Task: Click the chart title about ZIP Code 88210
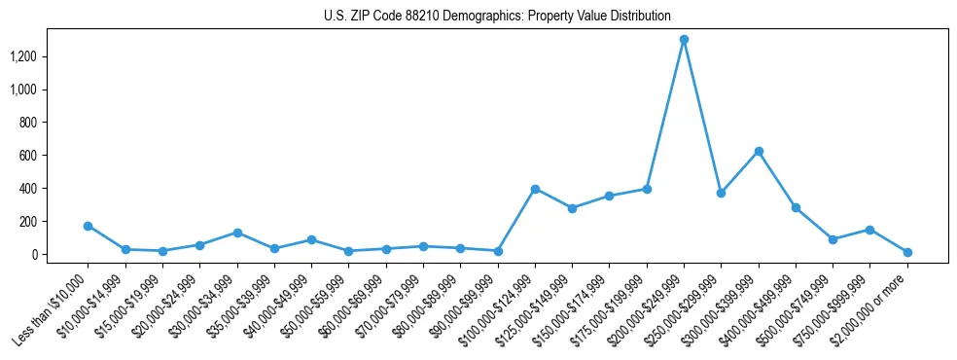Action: point(497,16)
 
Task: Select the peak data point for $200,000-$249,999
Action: point(684,40)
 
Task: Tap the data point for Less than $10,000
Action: point(88,226)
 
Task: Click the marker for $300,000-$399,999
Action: point(759,152)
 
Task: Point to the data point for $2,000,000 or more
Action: point(907,252)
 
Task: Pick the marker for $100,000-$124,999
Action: point(535,189)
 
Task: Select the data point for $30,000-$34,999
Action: point(237,233)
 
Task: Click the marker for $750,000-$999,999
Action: point(870,230)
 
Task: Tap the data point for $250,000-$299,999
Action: point(721,193)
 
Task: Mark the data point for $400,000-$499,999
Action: point(796,207)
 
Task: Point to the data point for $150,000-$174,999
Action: point(609,196)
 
